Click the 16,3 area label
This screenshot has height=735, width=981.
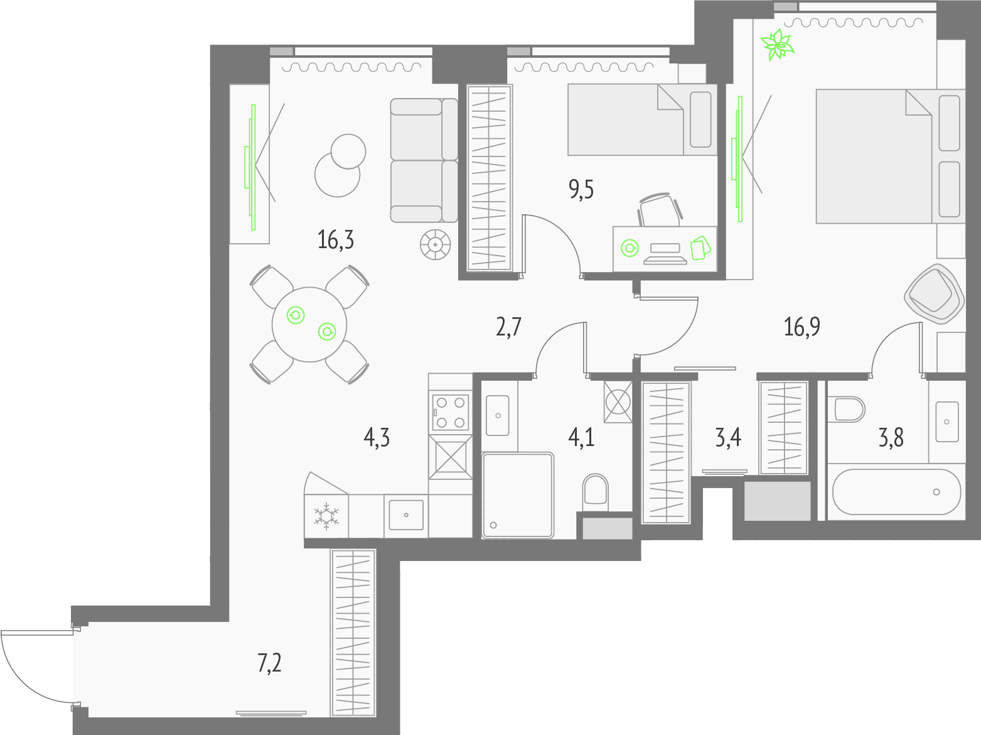pos(336,240)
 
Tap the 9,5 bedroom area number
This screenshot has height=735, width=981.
pos(581,190)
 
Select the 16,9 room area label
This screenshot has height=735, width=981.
pos(801,327)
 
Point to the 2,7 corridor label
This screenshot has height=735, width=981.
pos(508,327)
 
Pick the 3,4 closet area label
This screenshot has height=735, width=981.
pos(728,437)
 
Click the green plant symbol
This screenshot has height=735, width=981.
pos(778,45)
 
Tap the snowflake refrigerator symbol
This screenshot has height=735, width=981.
pos(326,516)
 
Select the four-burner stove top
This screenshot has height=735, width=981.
pos(451,411)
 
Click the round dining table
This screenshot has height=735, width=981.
pos(309,325)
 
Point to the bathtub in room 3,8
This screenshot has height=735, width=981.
pos(896,492)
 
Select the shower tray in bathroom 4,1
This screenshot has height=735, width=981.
pos(518,495)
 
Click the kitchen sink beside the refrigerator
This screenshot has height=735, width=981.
pos(406,515)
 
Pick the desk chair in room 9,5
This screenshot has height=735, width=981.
pos(660,210)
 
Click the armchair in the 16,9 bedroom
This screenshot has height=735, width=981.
pos(934,293)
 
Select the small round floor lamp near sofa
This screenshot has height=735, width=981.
pos(436,245)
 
